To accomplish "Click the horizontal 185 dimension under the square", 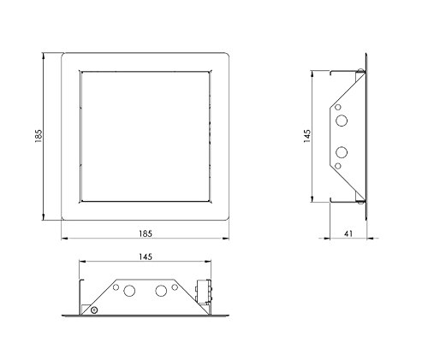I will click(x=146, y=230).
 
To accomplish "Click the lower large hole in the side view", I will click(x=342, y=152).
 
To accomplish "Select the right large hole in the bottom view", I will click(x=159, y=292).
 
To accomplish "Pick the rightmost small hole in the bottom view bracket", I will click(x=176, y=287).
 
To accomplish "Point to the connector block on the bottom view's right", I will click(x=204, y=292).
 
